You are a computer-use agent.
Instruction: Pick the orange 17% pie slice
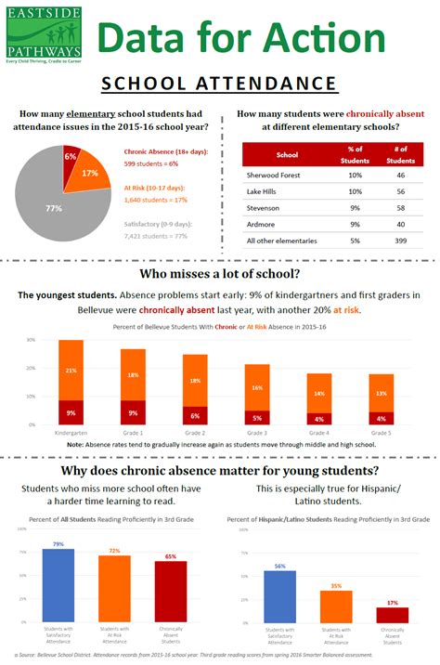[91, 175]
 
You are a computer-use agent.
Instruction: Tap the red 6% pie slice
[71, 156]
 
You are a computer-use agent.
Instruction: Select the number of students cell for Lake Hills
[400, 190]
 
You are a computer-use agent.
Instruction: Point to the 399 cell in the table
[400, 241]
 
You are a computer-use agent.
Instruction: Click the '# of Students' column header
[400, 153]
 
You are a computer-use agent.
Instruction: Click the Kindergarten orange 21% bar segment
[71, 370]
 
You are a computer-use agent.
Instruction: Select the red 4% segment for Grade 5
[380, 418]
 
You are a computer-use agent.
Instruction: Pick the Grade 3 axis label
[256, 433]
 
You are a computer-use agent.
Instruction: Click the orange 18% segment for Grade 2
[194, 381]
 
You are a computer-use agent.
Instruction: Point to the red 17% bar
[392, 615]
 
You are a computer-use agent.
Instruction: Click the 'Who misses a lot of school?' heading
[219, 275]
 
